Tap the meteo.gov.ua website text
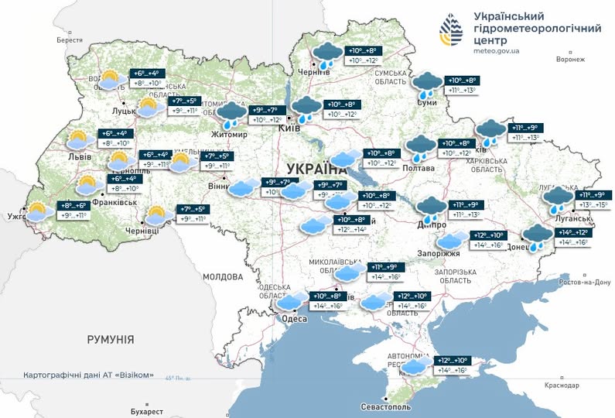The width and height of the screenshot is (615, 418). [x=497, y=51]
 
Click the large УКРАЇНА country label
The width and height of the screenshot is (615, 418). [x=316, y=169]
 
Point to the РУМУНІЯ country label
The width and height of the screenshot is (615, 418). [x=110, y=340]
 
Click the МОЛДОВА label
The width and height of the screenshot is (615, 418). [x=223, y=276]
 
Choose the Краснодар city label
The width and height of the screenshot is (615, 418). [x=561, y=385]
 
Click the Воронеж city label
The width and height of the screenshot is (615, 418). [x=571, y=60]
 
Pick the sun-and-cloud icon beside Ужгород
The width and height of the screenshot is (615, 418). [x=37, y=211]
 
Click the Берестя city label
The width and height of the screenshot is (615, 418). [x=69, y=39]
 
